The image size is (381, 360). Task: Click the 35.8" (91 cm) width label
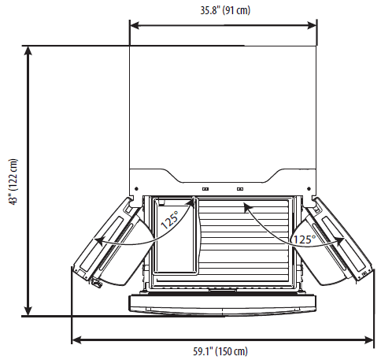[x=225, y=10]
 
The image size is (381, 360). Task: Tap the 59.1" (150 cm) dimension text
[x=220, y=351]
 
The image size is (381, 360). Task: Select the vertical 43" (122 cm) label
[x=13, y=182]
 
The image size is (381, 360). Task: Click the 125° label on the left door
[x=169, y=220]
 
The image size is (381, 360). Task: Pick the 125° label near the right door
[x=304, y=239]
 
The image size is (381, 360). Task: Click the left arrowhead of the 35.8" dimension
[x=135, y=25]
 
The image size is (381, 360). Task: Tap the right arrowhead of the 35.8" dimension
[x=312, y=25]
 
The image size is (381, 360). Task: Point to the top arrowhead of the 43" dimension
[x=28, y=50]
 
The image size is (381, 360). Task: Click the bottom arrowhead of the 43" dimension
[x=28, y=311]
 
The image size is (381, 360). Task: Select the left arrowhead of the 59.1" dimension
[x=76, y=340]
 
